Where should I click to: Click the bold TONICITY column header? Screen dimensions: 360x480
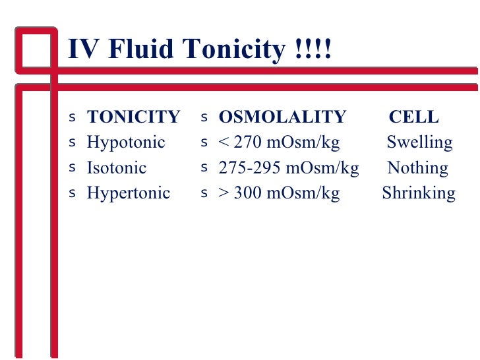pos(133,117)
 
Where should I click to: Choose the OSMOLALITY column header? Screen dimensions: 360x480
pos(282,117)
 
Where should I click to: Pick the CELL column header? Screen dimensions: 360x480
pos(413,117)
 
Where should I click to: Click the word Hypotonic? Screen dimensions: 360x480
pos(126,142)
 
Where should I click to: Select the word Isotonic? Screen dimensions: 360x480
pos(117,167)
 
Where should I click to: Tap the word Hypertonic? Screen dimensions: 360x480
pos(129,193)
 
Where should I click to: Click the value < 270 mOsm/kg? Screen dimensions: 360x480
pos(279,142)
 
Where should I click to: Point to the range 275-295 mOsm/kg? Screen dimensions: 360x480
pos(289,167)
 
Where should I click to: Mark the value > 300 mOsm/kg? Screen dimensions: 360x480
pos(279,193)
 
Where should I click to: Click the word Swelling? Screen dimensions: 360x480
pos(419,142)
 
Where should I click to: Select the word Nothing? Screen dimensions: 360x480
pos(417,167)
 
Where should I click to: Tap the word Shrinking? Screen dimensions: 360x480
pos(419,193)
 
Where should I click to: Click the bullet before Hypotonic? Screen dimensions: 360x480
pos(72,142)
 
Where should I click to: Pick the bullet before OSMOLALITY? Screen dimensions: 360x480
pos(204,117)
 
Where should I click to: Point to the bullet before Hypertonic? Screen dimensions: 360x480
pos(72,193)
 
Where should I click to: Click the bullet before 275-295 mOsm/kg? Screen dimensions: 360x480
pos(204,167)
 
